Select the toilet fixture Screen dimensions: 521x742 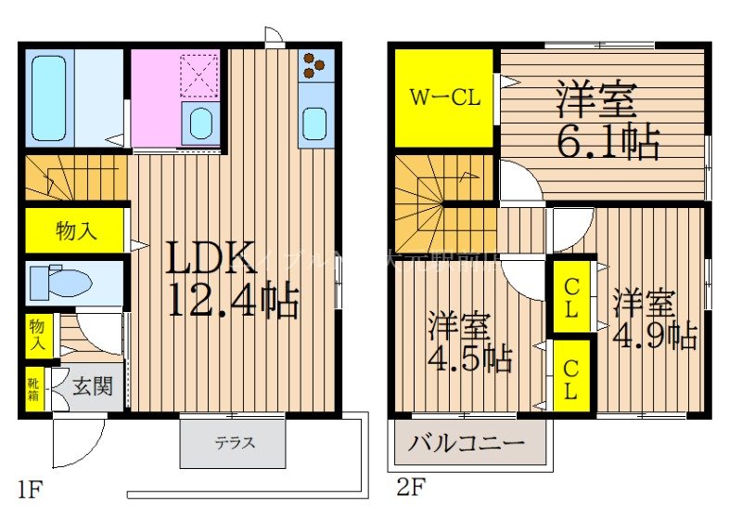point(60,282)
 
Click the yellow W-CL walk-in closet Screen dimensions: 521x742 point(444,97)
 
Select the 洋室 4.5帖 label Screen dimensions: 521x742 point(469,344)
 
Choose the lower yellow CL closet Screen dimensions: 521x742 point(570,377)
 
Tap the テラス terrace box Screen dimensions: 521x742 point(236,443)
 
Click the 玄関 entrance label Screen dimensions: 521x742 point(93,385)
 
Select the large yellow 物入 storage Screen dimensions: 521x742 point(75,230)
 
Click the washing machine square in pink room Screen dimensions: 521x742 point(198,76)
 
